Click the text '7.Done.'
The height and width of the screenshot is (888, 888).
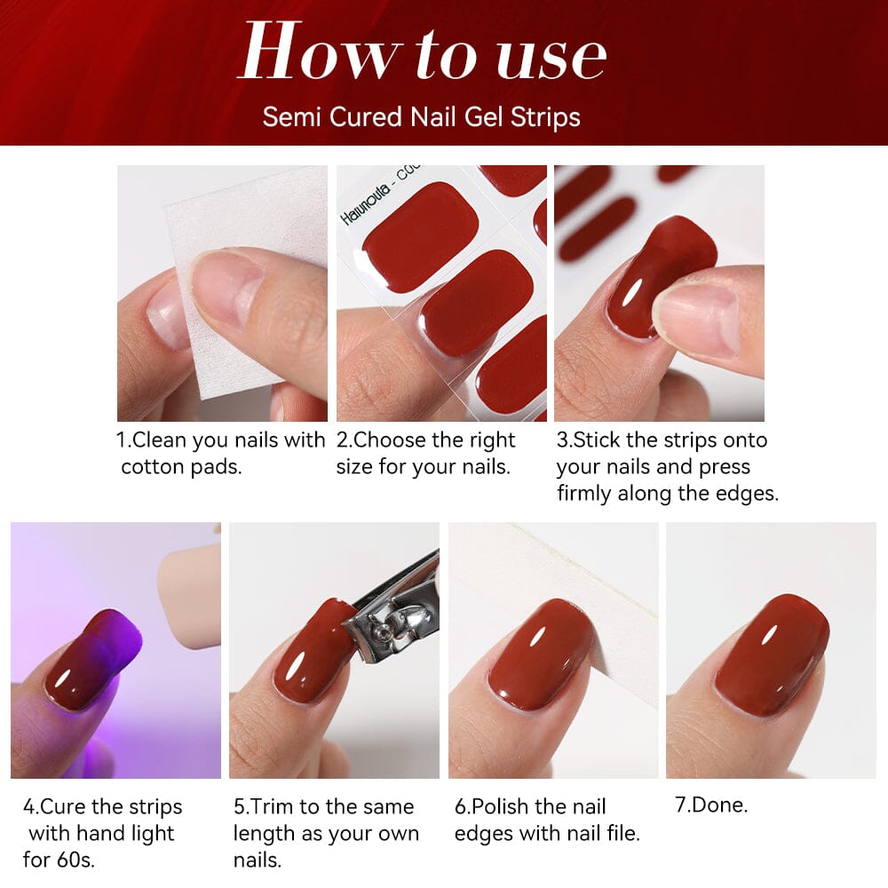click(x=711, y=805)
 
